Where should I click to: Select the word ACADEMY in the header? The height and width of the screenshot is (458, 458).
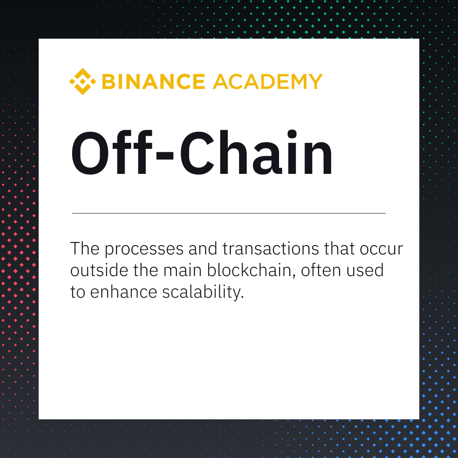pos(268,81)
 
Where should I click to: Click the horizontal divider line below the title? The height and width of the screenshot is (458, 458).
pos(229,213)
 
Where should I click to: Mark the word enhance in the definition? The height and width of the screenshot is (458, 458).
pos(120,293)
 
